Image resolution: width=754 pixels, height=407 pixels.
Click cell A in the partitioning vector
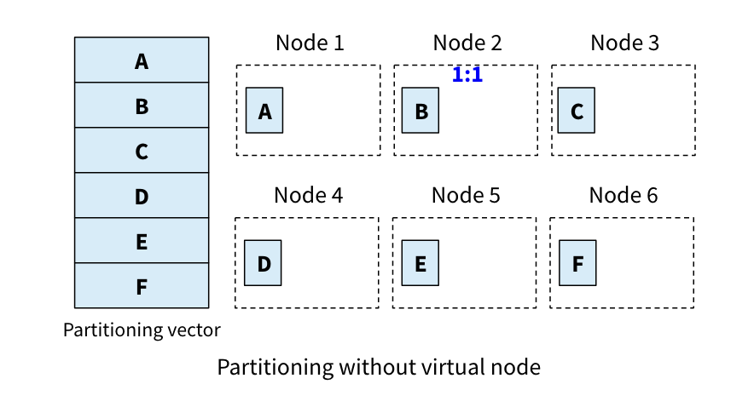pos(142,60)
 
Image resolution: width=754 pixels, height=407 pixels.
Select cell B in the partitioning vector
pos(142,106)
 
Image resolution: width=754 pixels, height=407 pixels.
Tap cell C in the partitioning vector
pos(142,151)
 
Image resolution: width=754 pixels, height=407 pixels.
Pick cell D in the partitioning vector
pos(142,196)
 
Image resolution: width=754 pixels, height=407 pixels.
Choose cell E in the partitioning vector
pos(142,241)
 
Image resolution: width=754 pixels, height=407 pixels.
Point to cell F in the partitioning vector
pos(142,286)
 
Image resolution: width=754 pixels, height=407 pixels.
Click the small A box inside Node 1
pos(264,111)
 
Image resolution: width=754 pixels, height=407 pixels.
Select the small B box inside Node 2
pos(420,111)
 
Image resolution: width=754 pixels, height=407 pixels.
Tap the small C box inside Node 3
pos(577,111)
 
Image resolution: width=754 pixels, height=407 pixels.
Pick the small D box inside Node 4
pos(263,263)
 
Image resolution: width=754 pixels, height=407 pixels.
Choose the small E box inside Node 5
pos(420,263)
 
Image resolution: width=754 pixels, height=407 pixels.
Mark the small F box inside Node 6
pos(577,263)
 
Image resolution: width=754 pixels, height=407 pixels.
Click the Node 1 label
pos(310,43)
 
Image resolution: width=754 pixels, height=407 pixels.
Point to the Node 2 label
pos(467,43)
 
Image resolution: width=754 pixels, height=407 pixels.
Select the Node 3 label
pos(625,43)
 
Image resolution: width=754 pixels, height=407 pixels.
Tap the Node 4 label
pos(308,195)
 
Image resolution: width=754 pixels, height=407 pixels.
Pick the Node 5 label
pos(466,195)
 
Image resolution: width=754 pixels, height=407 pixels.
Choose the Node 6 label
pos(623,195)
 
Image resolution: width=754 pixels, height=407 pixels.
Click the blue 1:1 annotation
pos(467,75)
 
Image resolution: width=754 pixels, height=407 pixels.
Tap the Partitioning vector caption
pos(142,330)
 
